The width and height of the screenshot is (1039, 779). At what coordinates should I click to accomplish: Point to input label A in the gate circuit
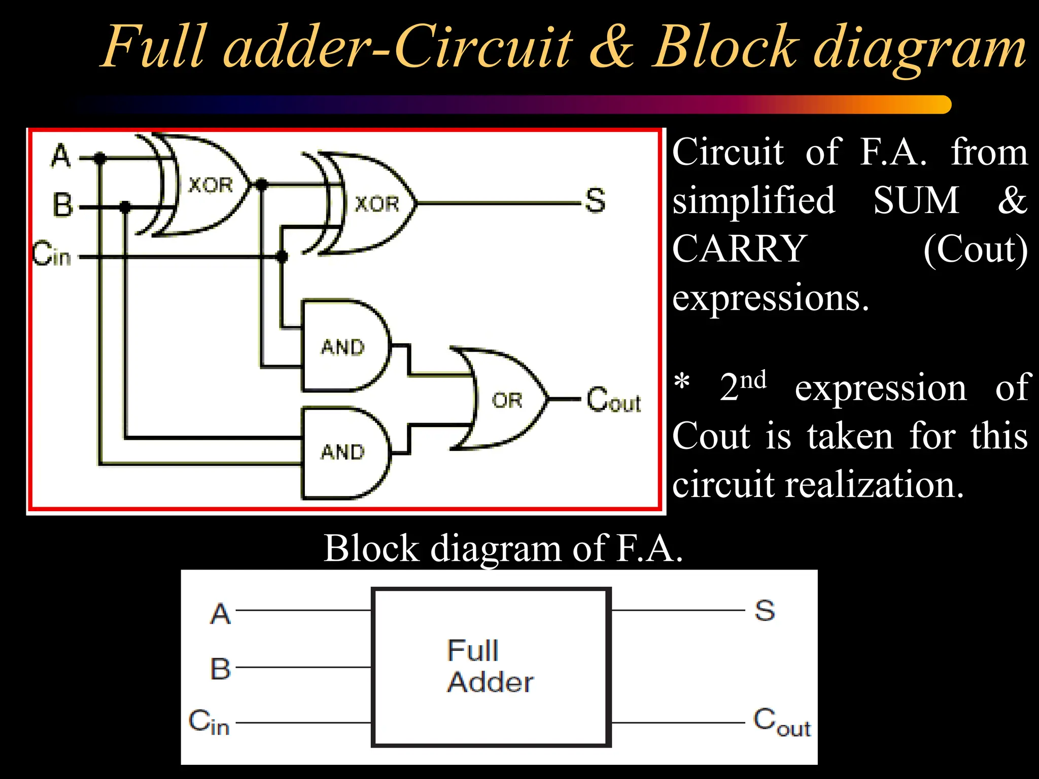[x=61, y=155]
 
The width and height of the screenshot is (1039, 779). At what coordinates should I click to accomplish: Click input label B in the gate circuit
[x=63, y=205]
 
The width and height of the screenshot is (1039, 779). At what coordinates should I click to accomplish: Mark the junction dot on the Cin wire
[x=282, y=257]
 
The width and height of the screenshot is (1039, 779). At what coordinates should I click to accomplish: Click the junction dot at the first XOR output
[x=261, y=185]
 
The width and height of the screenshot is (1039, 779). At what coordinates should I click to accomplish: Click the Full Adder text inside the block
[x=489, y=666]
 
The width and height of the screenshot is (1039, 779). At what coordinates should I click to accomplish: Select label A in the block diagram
[x=221, y=614]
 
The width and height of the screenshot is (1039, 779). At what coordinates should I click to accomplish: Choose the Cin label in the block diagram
[x=209, y=722]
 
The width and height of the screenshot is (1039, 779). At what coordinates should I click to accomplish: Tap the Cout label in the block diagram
[x=781, y=722]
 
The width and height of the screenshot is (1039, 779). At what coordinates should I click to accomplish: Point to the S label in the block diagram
[x=765, y=610]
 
